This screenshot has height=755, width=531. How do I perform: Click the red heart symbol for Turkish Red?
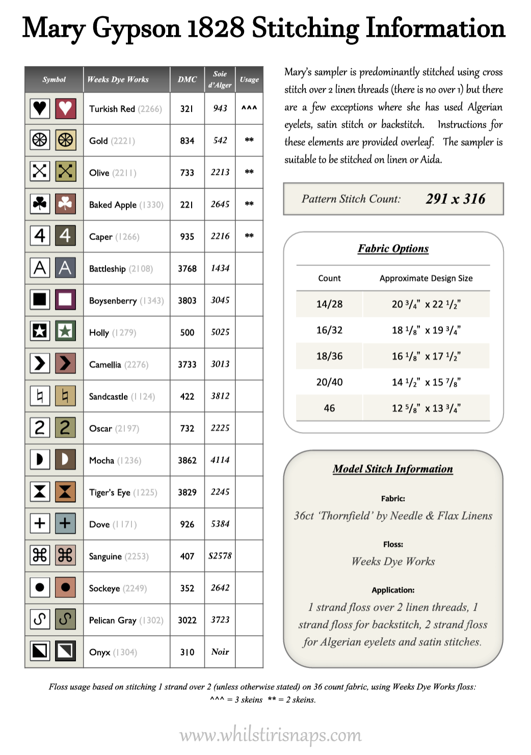65,108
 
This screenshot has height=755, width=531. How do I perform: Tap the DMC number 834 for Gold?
187,141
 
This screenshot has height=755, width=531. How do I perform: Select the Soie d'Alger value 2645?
220,204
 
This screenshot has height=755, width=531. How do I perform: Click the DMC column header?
187,79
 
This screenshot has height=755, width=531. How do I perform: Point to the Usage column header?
249,79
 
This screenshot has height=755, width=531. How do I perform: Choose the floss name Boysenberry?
113,301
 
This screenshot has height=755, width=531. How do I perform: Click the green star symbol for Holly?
65,332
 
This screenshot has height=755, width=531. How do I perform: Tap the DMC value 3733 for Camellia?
187,364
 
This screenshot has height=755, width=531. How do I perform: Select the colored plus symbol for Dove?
65,523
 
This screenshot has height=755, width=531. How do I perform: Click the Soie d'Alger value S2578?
220,556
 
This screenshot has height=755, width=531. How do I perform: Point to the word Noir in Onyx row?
220,652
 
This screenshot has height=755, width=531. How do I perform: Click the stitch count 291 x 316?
456,199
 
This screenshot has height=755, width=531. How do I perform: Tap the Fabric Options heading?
393,249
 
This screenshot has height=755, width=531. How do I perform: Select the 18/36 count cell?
329,356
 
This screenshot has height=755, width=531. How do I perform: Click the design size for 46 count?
426,408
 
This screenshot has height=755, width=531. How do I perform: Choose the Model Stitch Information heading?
393,469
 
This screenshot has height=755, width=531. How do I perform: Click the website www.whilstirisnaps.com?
271,735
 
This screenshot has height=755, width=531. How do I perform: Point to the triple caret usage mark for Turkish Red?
249,108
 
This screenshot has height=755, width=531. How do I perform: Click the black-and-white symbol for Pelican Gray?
40,619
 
